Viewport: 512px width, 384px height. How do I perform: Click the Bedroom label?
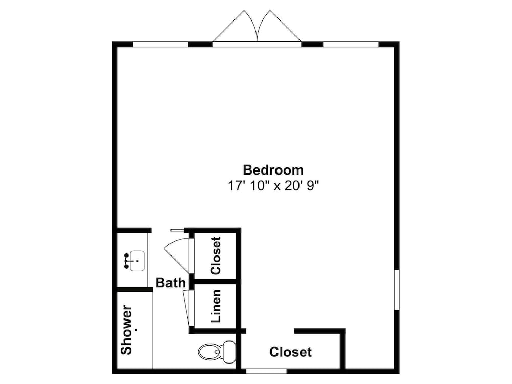(x=273, y=170)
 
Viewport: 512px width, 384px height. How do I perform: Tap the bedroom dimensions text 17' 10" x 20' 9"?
(x=273, y=186)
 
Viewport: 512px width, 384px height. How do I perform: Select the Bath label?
(x=170, y=283)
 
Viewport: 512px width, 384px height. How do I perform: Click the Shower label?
(x=126, y=329)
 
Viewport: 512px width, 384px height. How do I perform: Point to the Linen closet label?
(x=216, y=306)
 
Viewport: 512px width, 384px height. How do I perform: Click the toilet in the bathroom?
(x=217, y=352)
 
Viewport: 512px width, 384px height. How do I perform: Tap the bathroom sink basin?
(x=137, y=261)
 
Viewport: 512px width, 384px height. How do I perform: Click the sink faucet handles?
(x=126, y=261)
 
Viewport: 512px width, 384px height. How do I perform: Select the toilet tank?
(x=229, y=352)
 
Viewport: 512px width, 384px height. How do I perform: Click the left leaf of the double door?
(x=235, y=26)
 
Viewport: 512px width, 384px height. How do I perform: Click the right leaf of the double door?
(x=280, y=26)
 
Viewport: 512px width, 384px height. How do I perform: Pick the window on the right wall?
(x=397, y=290)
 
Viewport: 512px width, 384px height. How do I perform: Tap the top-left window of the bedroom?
(x=161, y=45)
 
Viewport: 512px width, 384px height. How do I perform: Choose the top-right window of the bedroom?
(x=351, y=45)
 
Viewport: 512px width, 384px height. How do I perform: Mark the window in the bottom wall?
(x=266, y=371)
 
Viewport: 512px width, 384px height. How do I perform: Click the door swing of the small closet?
(x=177, y=255)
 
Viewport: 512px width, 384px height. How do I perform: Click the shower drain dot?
(x=136, y=330)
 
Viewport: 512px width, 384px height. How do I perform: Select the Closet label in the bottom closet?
(x=290, y=352)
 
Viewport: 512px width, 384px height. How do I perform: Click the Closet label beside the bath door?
(x=216, y=255)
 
